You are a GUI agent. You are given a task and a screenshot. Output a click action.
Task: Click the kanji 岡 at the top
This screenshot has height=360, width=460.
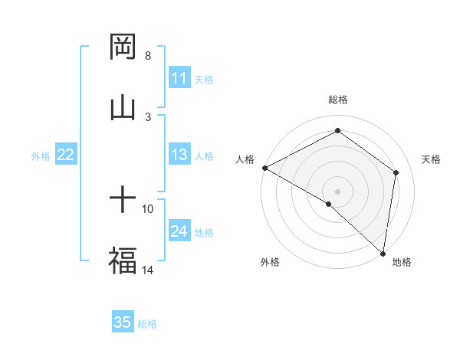(x=123, y=47)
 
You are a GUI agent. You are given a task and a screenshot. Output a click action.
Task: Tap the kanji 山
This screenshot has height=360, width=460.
(x=123, y=108)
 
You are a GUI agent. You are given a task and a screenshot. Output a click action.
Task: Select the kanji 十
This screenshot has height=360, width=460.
(x=123, y=201)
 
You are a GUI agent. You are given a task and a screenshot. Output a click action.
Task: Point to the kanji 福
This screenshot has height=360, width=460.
(x=123, y=260)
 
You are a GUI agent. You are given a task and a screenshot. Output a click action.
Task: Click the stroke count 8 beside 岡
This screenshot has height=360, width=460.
(x=148, y=56)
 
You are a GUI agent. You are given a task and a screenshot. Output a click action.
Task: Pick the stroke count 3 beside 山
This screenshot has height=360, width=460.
(x=148, y=116)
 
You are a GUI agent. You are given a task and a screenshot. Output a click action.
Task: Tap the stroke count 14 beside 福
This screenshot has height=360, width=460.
(x=148, y=270)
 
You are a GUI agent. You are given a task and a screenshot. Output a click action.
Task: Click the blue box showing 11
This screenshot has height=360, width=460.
(x=179, y=78)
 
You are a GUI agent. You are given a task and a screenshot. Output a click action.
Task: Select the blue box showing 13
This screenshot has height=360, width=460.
(x=179, y=155)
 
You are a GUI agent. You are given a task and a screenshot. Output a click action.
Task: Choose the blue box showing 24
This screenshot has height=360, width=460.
(x=179, y=232)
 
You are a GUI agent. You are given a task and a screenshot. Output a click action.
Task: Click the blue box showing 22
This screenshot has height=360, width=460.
(x=66, y=155)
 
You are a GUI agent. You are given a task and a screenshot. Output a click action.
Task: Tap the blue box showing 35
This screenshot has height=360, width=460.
(x=123, y=322)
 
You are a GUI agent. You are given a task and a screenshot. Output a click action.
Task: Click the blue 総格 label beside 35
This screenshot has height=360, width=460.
(x=147, y=324)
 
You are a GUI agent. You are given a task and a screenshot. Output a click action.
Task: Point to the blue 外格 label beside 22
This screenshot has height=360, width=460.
(x=41, y=156)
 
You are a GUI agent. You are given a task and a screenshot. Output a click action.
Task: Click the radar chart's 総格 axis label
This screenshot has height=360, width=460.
(x=338, y=100)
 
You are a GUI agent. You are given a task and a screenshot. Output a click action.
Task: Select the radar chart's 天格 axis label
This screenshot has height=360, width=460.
(x=432, y=159)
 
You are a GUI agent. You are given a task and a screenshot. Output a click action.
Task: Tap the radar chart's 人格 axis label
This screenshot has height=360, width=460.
(x=245, y=159)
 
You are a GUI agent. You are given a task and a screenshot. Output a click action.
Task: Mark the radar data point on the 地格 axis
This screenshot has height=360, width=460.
(x=383, y=253)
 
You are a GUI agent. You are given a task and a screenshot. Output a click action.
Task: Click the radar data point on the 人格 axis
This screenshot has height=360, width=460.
(x=264, y=168)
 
